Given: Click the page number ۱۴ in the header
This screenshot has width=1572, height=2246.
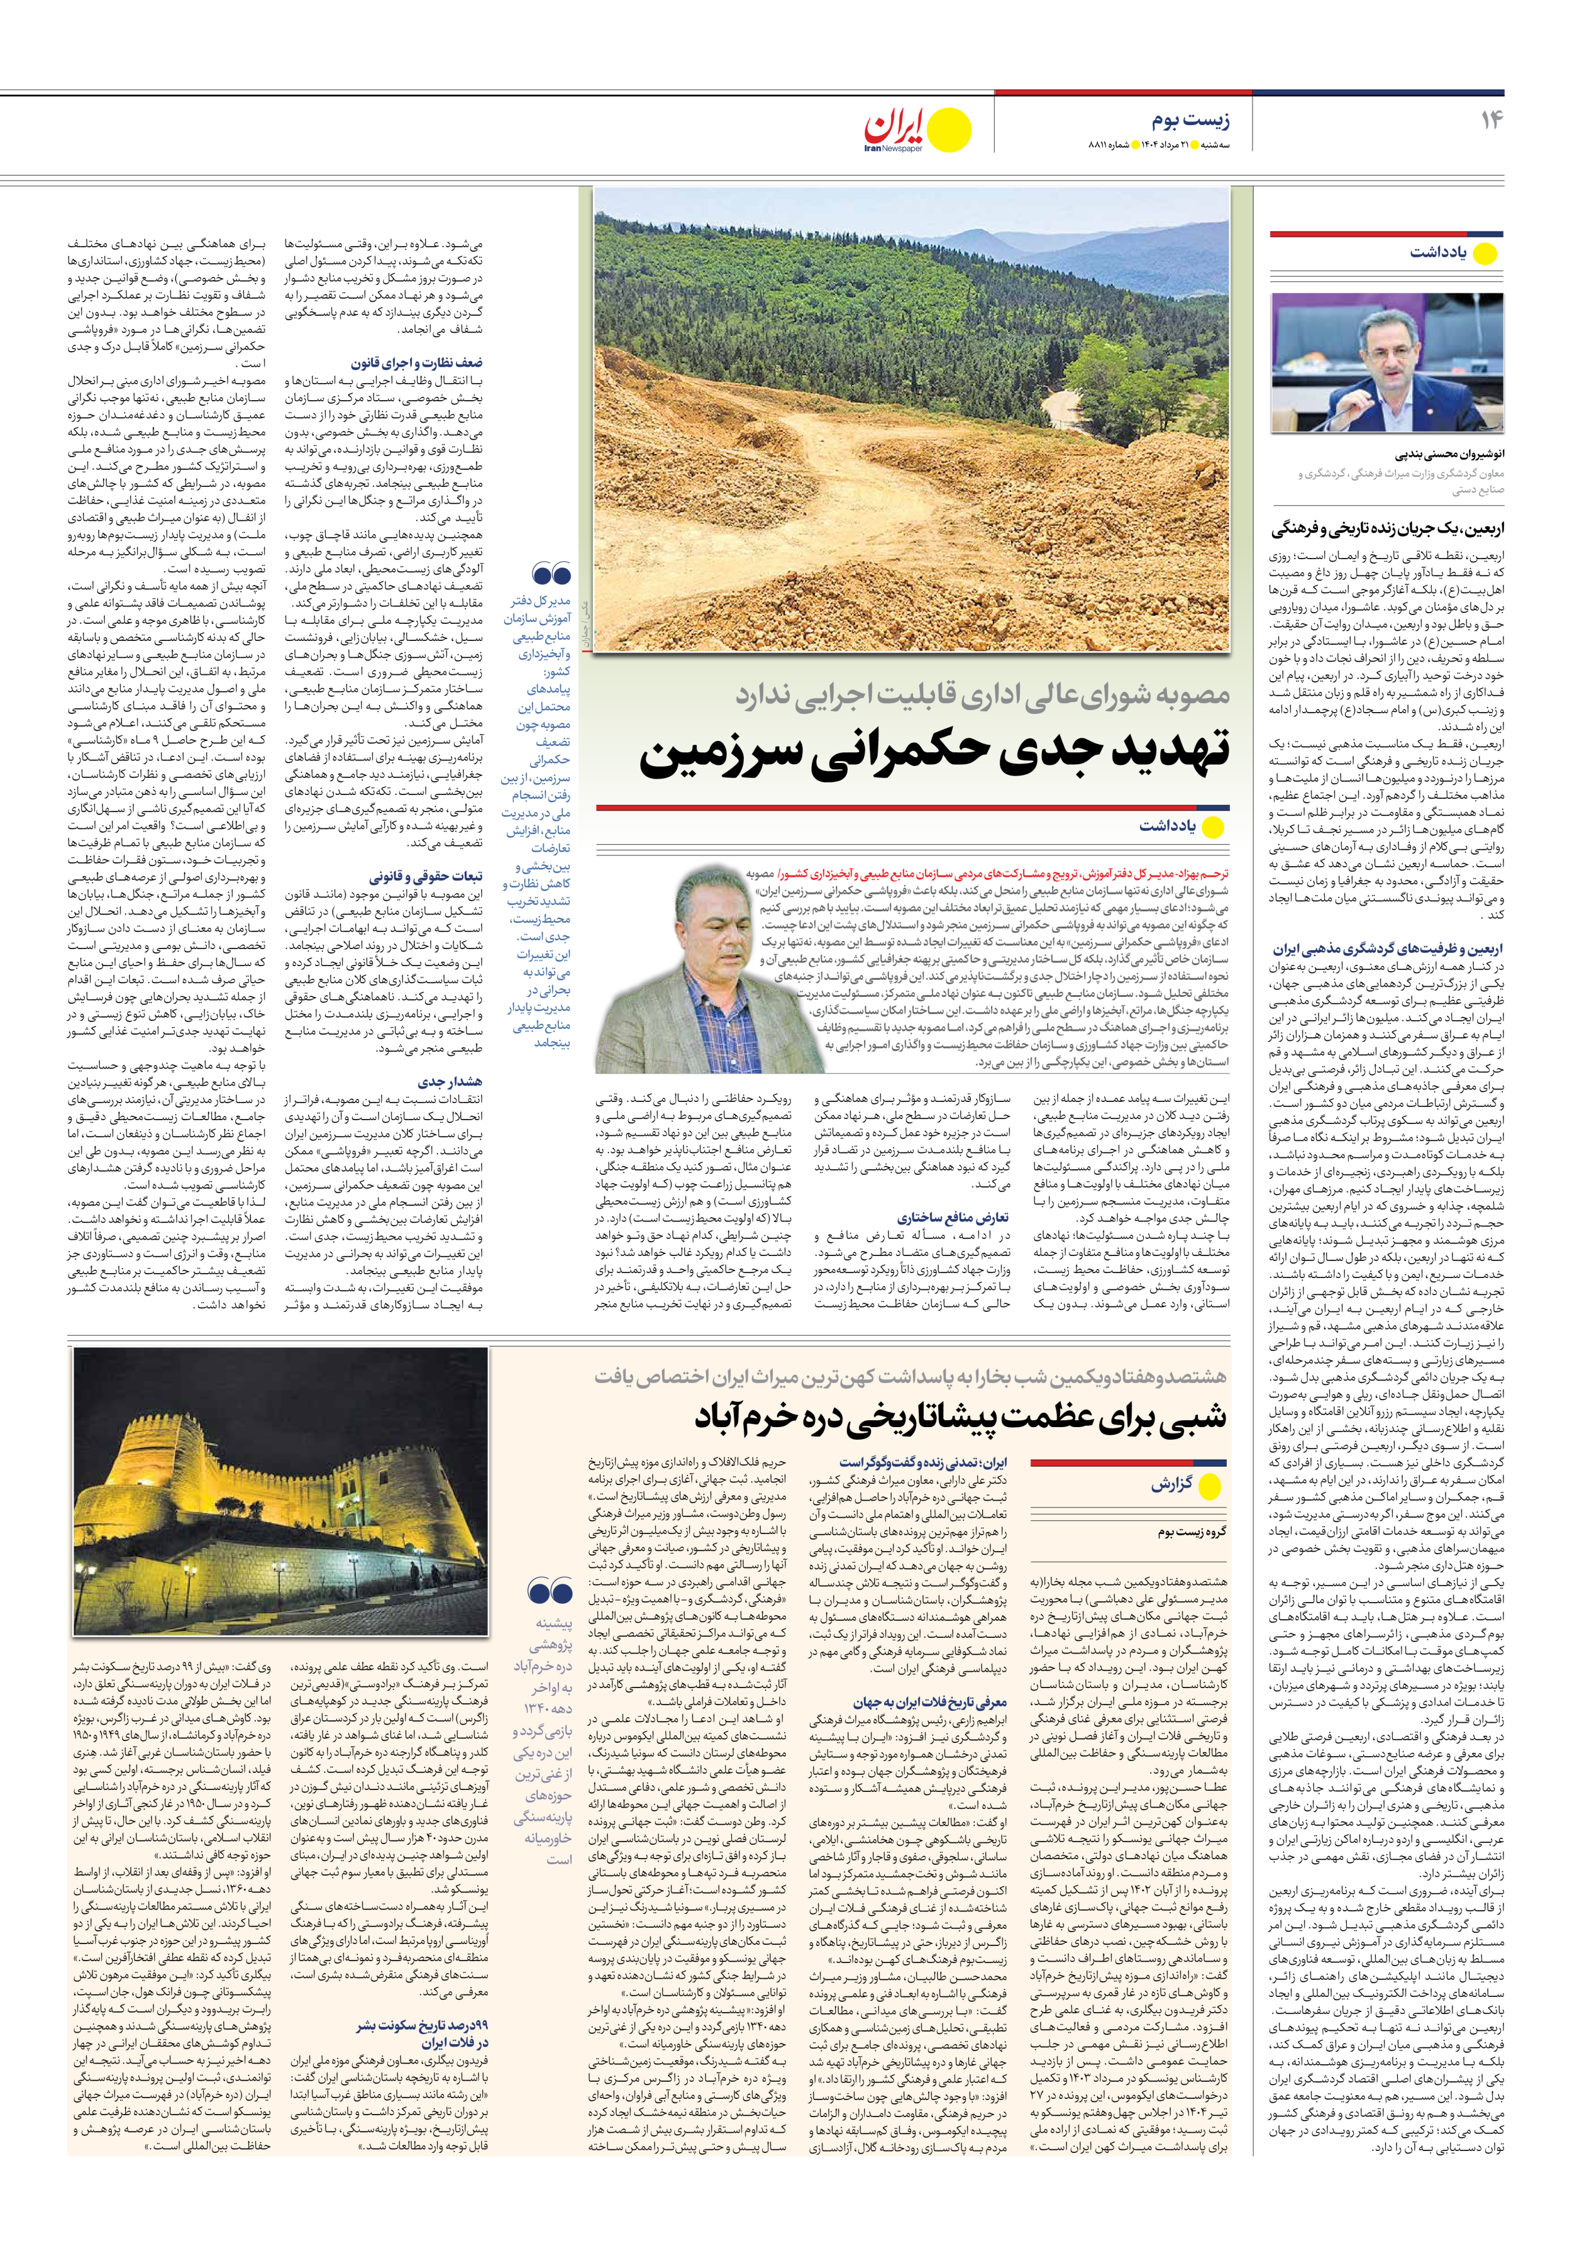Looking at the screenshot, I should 1491,120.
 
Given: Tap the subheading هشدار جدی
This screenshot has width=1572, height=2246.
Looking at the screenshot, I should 449,1081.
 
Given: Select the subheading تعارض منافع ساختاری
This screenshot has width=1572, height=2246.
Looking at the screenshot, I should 952,1218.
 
